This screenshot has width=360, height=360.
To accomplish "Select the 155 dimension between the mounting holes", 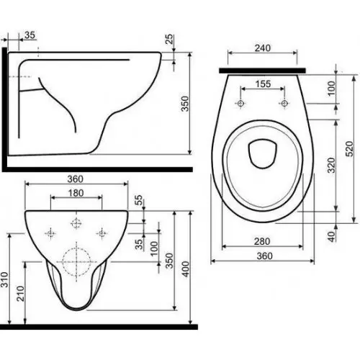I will click(x=263, y=84).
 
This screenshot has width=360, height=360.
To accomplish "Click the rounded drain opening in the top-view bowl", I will click(x=261, y=153).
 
